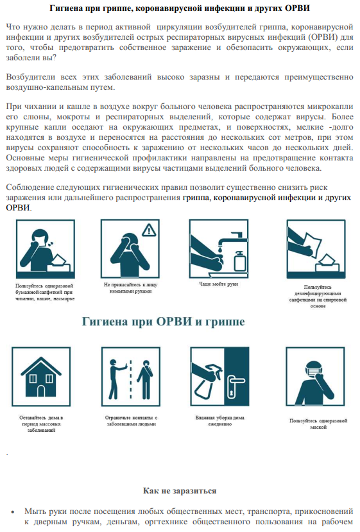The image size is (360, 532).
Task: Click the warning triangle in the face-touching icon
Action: click(x=149, y=229)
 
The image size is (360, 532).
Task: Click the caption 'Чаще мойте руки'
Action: click(x=218, y=284)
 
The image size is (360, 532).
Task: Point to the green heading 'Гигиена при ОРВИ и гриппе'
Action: click(x=162, y=321)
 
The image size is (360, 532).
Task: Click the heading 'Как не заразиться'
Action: click(x=179, y=491)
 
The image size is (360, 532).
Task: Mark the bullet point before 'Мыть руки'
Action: click(x=12, y=511)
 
